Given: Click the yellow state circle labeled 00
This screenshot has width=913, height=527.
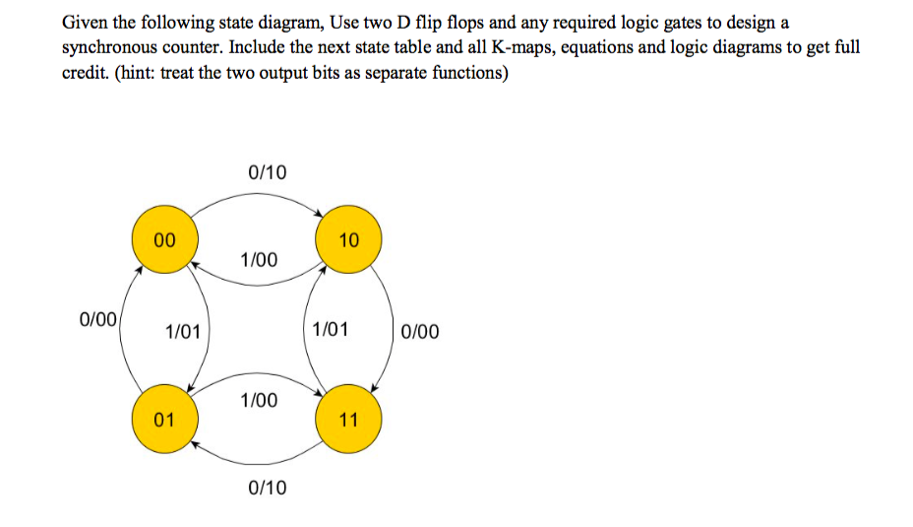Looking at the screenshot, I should coord(165,239).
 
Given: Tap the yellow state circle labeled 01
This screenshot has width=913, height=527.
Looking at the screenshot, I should coord(165,420).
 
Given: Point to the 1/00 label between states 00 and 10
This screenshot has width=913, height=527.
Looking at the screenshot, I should coord(259,260).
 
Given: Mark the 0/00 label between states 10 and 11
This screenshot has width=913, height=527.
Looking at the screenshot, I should coord(420,332).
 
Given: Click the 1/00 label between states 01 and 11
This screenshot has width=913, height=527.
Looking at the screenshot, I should coord(259,400).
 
